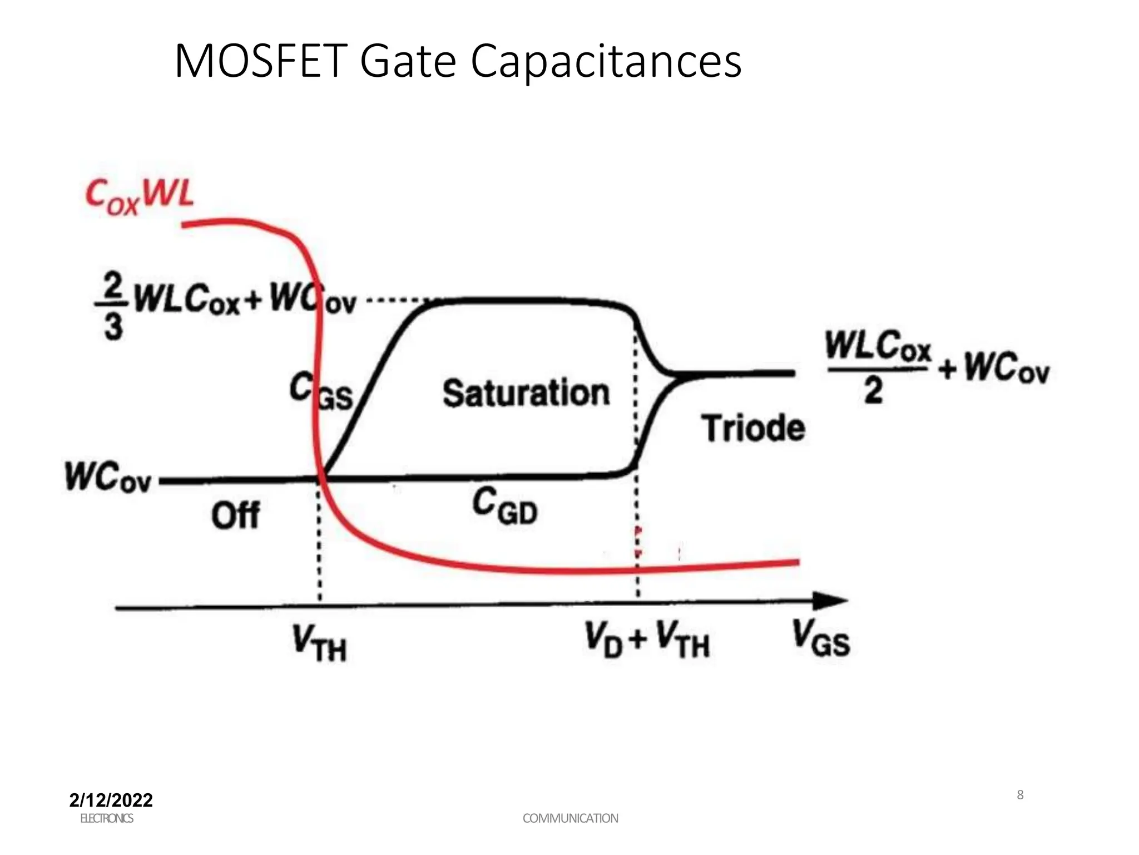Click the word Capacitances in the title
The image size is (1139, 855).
(x=606, y=62)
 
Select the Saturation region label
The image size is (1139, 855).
(x=526, y=393)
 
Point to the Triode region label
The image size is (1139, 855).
(x=753, y=428)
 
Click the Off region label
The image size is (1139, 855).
(x=235, y=515)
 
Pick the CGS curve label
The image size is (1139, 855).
(x=321, y=391)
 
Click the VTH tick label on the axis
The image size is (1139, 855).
(x=319, y=643)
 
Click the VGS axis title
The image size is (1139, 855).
(x=821, y=639)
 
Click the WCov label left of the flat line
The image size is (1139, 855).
(x=108, y=477)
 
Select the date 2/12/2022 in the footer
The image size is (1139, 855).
(x=111, y=800)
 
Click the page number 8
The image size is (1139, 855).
(x=1020, y=795)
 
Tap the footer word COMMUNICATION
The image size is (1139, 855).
(x=570, y=818)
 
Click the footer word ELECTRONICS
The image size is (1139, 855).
(x=106, y=818)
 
